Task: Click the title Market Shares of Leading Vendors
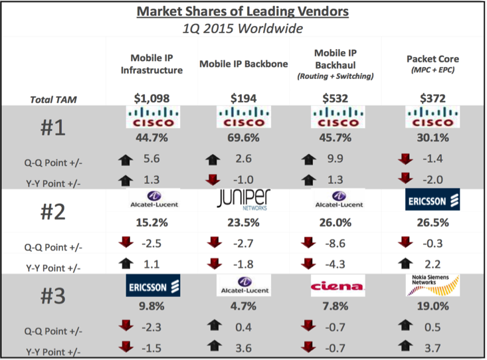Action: (243, 11)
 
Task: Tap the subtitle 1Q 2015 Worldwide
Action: (243, 29)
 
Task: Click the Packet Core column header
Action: (428, 64)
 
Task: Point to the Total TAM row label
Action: (53, 99)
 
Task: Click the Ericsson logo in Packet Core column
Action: (428, 200)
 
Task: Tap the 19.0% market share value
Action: (428, 307)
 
